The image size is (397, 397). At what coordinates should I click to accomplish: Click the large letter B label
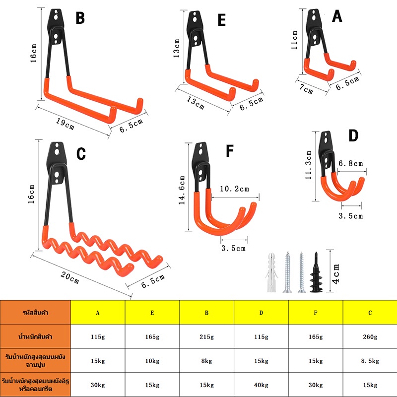click(80, 18)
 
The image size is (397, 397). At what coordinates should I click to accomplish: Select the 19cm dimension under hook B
click(65, 124)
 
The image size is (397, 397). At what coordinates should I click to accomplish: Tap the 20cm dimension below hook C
click(70, 277)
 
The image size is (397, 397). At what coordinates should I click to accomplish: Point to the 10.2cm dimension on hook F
click(234, 189)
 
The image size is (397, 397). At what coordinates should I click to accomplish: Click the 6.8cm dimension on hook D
click(351, 163)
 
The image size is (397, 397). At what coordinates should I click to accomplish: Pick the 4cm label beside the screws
click(336, 274)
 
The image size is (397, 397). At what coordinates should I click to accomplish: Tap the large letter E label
click(221, 20)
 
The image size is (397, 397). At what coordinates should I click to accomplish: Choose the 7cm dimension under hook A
click(306, 89)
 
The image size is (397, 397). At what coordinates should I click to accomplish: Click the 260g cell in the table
click(370, 337)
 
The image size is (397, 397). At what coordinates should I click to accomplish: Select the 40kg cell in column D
click(261, 385)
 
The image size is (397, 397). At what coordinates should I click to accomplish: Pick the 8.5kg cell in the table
click(370, 361)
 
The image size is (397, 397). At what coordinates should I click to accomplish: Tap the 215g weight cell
click(206, 337)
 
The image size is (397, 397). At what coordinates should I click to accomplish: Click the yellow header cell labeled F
click(316, 313)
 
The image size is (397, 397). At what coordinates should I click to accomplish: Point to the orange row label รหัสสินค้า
click(35, 313)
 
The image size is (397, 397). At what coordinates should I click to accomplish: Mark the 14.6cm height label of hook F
click(182, 190)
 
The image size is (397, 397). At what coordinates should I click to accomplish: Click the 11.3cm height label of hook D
click(308, 165)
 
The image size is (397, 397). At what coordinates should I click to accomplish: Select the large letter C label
click(81, 154)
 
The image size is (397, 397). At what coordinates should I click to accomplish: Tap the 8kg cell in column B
click(206, 361)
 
